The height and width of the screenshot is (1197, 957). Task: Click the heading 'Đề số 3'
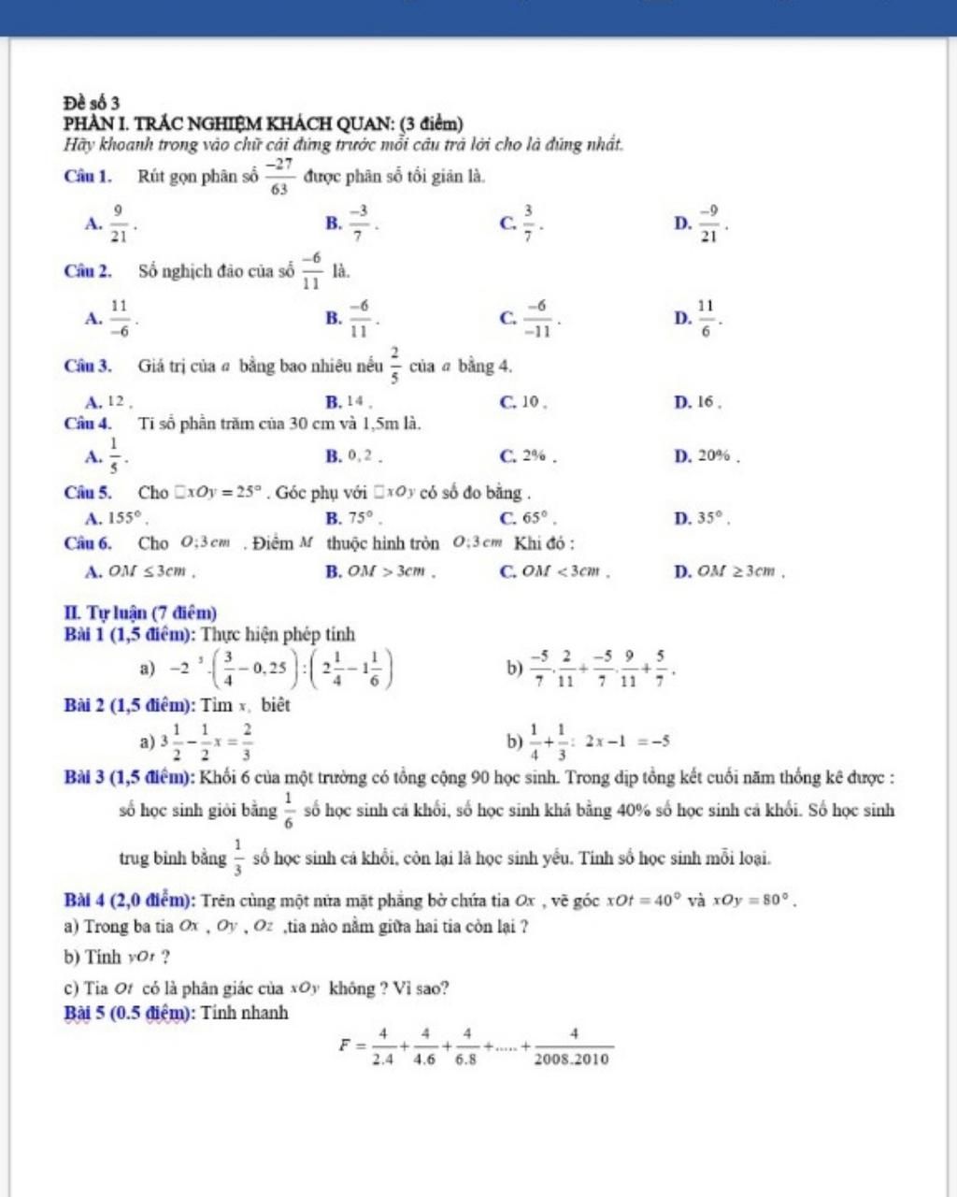click(92, 101)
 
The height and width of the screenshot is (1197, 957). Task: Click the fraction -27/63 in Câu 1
click(279, 176)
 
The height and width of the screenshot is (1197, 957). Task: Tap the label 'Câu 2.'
click(89, 272)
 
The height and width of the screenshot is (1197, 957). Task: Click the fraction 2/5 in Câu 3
click(395, 365)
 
